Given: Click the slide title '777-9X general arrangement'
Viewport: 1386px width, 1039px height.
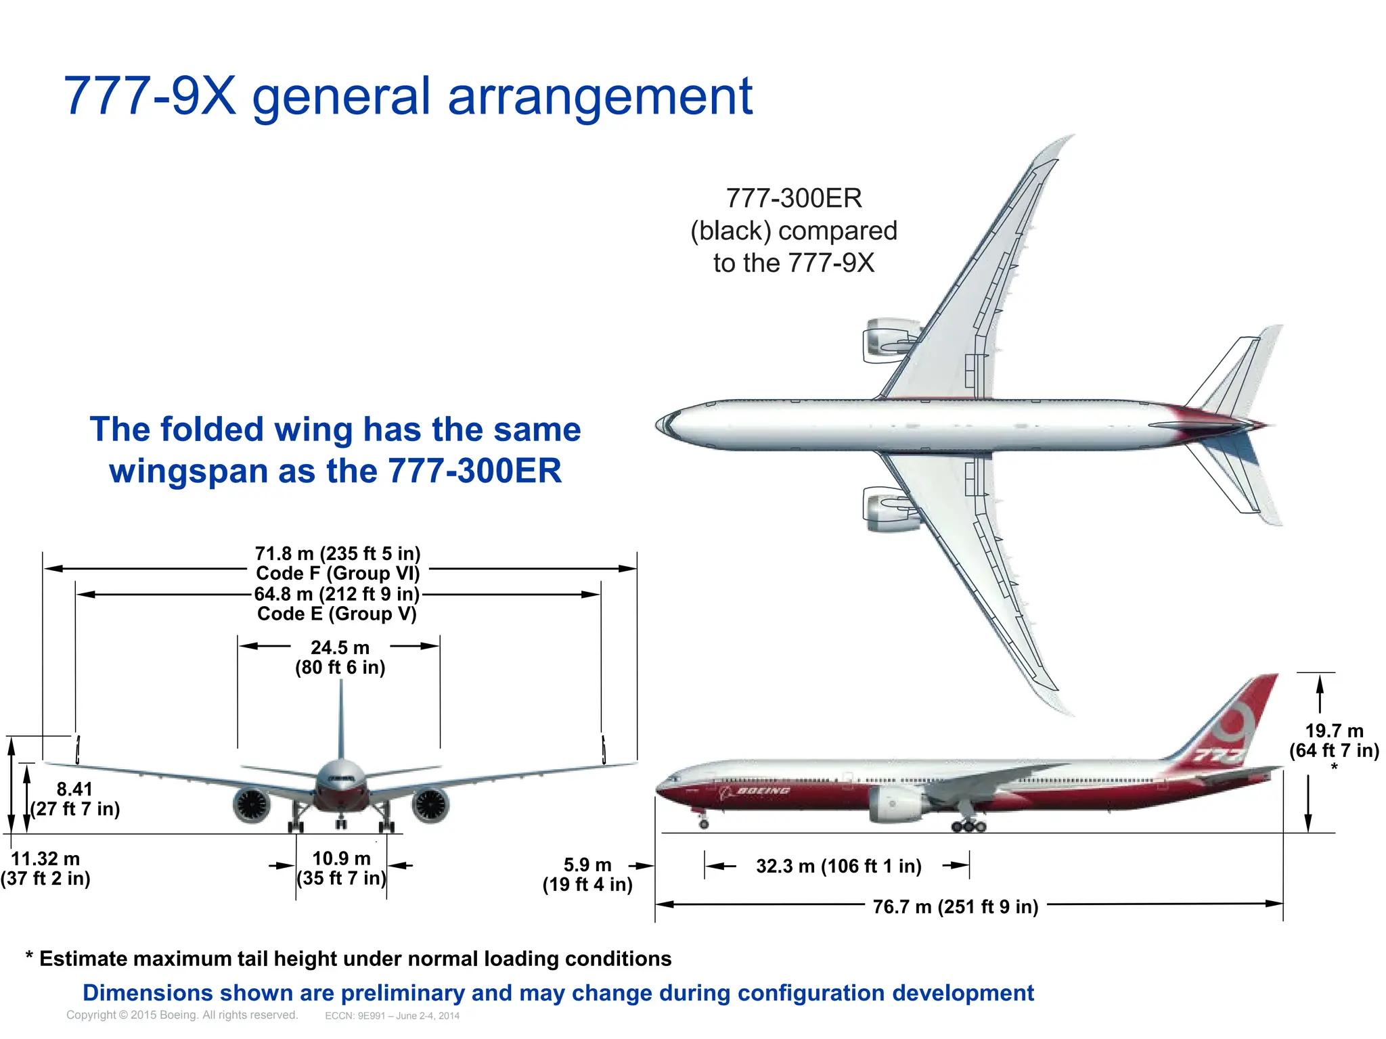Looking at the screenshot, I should point(407,96).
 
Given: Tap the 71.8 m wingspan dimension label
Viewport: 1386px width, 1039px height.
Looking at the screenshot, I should point(338,554).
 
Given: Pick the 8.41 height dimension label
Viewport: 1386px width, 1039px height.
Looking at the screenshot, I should point(74,789).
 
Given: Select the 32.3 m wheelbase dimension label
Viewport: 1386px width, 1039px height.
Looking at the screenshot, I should point(839,867).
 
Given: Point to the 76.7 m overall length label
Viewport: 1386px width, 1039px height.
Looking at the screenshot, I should point(955,907).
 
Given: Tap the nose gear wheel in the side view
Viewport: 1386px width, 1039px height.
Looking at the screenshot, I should point(704,825).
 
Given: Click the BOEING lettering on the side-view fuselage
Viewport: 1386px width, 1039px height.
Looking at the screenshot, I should point(763,791).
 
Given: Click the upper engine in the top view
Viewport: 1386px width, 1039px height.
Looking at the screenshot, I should point(888,340).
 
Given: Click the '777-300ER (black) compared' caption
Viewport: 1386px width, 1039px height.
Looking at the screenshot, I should point(794,231).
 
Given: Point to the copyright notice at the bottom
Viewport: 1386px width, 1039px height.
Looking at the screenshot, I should point(182,1015).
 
